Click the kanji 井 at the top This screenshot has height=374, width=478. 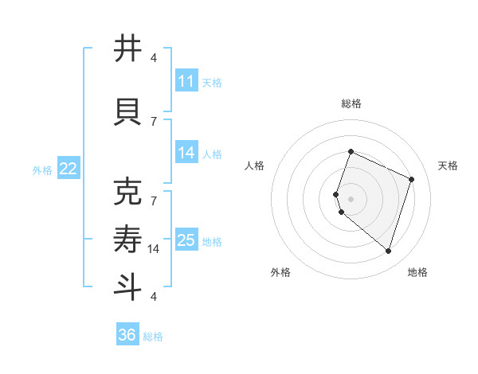[x=128, y=49]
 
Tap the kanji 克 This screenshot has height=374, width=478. [x=128, y=193]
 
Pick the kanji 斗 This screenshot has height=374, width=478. [x=128, y=286]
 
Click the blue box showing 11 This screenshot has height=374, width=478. [x=186, y=81]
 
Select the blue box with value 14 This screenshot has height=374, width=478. [x=186, y=154]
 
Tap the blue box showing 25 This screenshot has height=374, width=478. [x=186, y=240]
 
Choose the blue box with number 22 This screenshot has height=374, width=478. [x=69, y=169]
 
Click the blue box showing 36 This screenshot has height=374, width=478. [x=127, y=335]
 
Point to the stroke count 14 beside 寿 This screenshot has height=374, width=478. [x=154, y=249]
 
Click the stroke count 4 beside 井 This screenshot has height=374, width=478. [x=154, y=58]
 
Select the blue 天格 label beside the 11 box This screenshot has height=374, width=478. [x=212, y=82]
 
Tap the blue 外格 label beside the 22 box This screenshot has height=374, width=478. [x=42, y=169]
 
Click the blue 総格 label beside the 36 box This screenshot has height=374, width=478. [x=153, y=336]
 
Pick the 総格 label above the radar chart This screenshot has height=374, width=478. [x=351, y=103]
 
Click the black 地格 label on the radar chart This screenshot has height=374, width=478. [x=418, y=272]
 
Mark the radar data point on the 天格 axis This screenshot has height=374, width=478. [x=412, y=179]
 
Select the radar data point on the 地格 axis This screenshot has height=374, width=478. [x=388, y=251]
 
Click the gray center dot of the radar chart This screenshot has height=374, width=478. [x=351, y=198]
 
